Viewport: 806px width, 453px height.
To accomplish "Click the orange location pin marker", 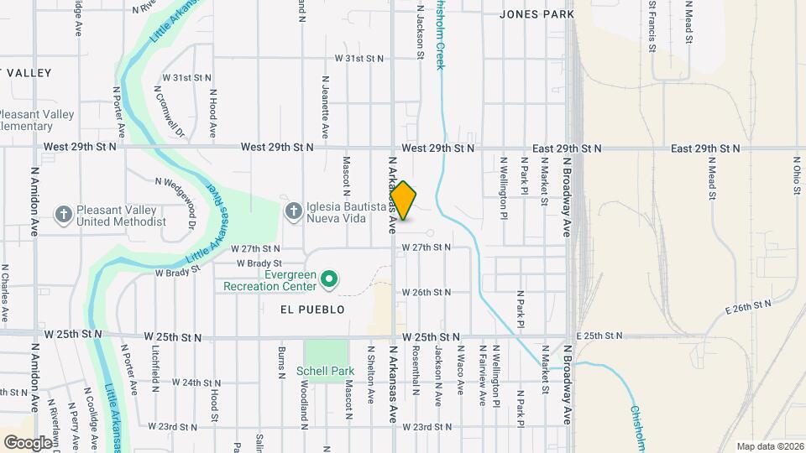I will pos(404,200).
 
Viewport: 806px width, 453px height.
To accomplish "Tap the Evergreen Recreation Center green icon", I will pos(330,278).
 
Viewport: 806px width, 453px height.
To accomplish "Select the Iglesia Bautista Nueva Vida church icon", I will pos(293,211).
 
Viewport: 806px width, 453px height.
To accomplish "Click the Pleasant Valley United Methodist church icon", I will pos(64,216).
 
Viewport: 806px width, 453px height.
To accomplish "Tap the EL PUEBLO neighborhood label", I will pos(312,310).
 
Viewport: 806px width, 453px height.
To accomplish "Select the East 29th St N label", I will pos(705,148).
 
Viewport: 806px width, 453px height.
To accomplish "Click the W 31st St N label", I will pos(359,59).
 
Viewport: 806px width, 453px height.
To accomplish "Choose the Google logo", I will pos(28,441).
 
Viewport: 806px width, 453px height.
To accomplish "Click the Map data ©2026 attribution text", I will pos(769,445).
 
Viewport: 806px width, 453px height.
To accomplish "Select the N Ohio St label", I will pos(795,174).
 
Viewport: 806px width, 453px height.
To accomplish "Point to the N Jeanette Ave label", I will pos(325,107).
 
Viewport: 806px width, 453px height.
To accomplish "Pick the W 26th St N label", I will pos(427,292).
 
